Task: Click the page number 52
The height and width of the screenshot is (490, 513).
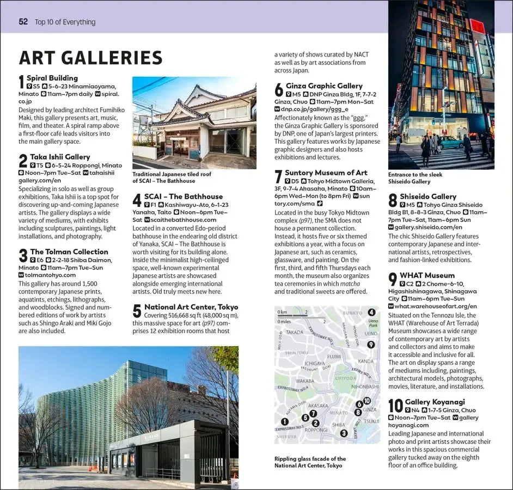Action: pos(23,22)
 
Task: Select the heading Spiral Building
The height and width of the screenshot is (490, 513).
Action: pos(52,78)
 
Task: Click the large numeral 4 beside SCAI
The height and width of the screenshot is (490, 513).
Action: pos(137,201)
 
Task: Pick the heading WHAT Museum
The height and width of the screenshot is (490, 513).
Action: pos(427,275)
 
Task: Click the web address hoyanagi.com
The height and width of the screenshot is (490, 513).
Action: pos(408,425)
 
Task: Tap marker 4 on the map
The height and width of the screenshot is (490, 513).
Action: pos(371,313)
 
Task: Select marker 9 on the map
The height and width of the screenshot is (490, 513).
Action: pos(371,344)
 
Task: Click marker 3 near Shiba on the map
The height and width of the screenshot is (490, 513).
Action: pos(344,433)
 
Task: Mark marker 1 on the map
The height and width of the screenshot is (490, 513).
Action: pos(284,421)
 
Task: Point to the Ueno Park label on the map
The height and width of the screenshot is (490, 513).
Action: pos(372,323)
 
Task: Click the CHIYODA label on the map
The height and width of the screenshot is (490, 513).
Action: pos(345,378)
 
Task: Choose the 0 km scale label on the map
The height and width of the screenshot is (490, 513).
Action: pos(282,312)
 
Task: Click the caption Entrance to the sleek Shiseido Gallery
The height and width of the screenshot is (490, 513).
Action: pos(415,178)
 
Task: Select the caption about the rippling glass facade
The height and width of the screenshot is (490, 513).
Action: pos(310,462)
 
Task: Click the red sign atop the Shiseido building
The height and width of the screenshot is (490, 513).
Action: pos(477,26)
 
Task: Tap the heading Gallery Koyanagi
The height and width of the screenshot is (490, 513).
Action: pos(435,402)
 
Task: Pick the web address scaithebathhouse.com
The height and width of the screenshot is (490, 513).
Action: pos(180,220)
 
